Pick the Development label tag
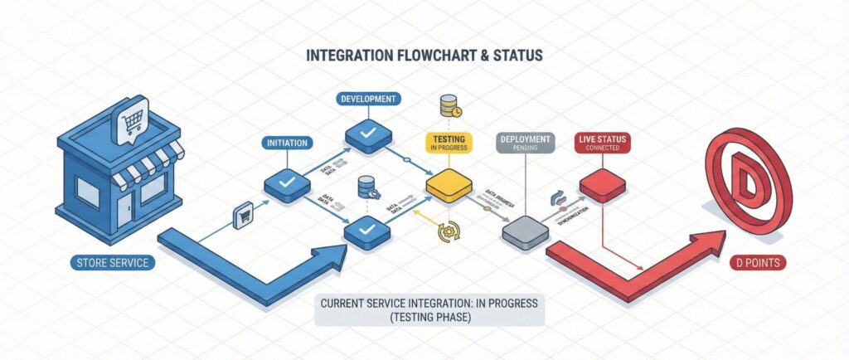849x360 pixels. pos(367,100)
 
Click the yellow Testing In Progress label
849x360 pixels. pos(449,143)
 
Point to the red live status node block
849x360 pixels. pos(602,184)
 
